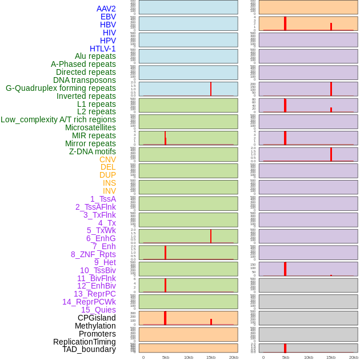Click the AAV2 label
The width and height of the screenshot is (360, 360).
(106, 9)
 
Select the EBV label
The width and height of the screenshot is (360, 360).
(108, 17)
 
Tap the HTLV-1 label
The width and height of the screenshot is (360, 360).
(103, 49)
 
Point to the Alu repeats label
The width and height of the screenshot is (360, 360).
(95, 56)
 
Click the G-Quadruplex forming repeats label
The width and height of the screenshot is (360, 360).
(61, 88)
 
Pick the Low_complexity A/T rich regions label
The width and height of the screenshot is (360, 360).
(58, 119)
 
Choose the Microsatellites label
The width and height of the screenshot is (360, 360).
(90, 127)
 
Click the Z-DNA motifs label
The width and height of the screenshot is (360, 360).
(93, 151)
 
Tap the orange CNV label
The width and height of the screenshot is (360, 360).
(107, 159)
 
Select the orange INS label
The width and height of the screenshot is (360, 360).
(109, 183)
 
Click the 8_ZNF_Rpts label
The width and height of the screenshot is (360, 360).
(93, 254)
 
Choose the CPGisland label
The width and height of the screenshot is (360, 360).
(97, 318)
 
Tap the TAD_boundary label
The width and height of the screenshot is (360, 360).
(89, 349)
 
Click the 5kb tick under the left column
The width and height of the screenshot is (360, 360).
(166, 357)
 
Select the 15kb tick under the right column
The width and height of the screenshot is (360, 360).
(331, 357)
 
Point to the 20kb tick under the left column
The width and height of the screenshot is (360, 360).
(234, 357)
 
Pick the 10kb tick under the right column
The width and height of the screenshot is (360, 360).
(309, 357)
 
